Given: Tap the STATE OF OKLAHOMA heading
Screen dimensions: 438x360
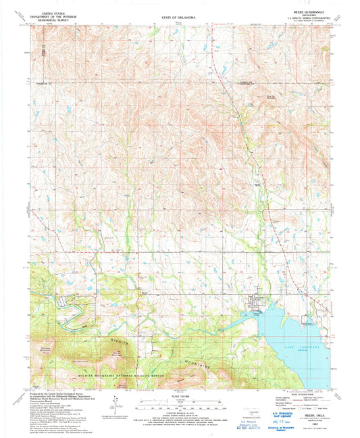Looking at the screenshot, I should [180, 12].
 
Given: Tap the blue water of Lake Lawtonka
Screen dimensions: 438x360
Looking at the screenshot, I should [284, 324].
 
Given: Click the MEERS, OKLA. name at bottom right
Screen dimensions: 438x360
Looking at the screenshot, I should [311, 414].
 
